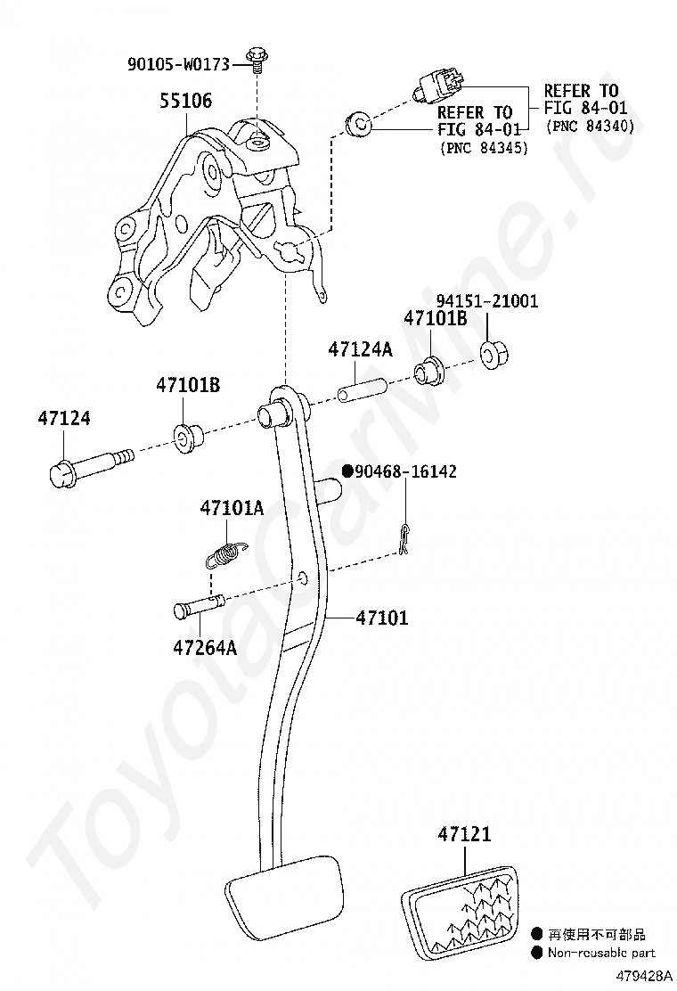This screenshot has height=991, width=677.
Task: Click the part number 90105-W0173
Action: (178, 64)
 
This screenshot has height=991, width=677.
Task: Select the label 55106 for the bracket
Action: (185, 101)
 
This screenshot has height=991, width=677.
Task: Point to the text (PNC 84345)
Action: (483, 148)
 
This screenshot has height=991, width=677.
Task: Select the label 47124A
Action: (360, 349)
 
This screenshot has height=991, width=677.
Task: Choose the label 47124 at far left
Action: (64, 418)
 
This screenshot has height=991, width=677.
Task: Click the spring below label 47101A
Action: (222, 554)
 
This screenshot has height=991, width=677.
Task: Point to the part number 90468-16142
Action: (406, 471)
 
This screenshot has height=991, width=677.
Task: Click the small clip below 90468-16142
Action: (405, 540)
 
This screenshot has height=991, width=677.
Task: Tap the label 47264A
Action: (205, 648)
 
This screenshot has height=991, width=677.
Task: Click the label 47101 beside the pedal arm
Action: (382, 617)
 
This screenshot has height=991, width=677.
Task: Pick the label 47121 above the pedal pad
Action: (464, 834)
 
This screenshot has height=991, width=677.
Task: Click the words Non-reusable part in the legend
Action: (601, 953)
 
